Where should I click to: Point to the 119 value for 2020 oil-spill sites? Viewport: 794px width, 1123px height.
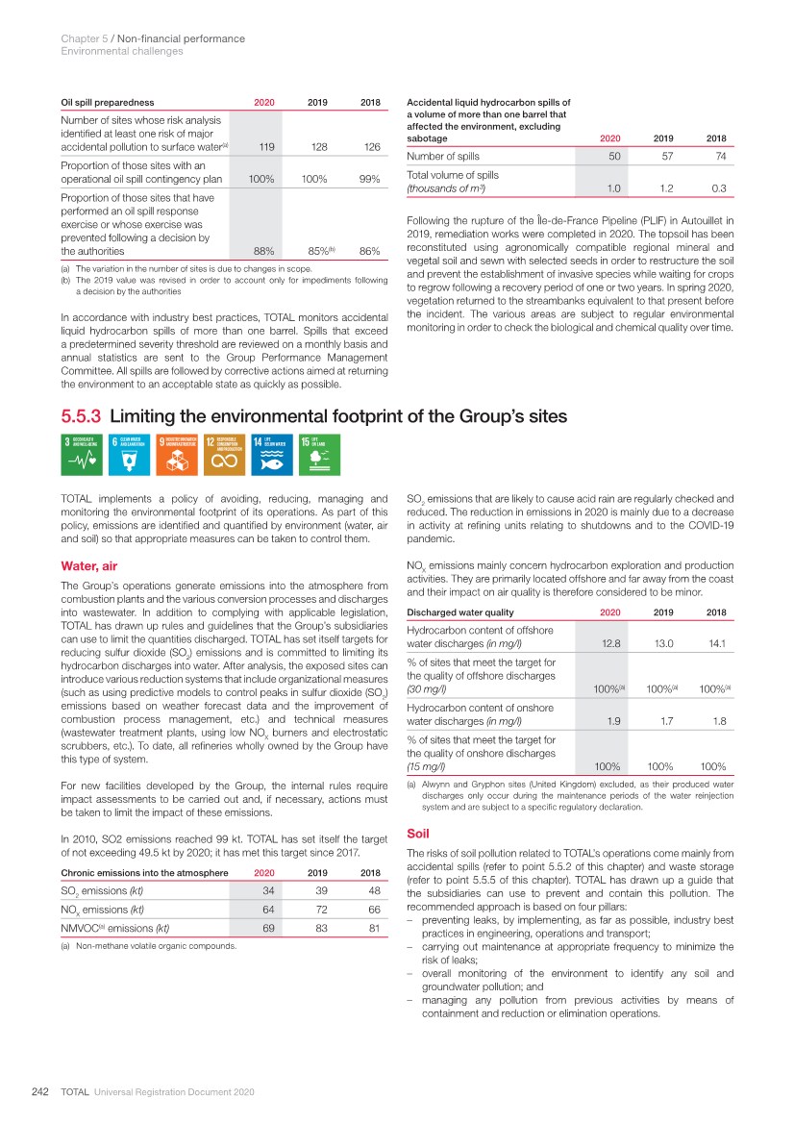click(x=255, y=147)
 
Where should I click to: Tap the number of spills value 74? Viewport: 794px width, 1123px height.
click(x=714, y=156)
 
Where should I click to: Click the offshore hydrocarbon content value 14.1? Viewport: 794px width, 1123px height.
click(x=714, y=644)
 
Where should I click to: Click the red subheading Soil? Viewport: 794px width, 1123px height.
click(x=418, y=835)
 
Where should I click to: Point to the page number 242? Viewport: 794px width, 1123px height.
click(x=39, y=1093)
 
